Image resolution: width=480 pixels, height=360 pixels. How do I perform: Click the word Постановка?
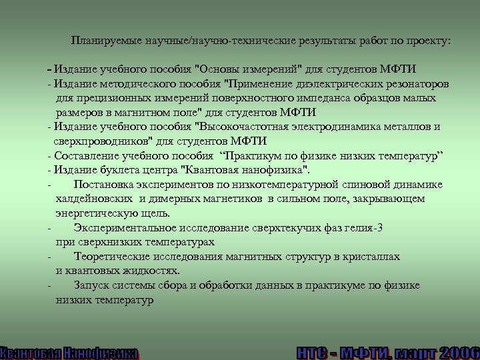point(105,184)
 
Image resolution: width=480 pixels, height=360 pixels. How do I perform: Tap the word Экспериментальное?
point(127,228)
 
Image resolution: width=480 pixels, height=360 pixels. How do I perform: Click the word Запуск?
point(91,285)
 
